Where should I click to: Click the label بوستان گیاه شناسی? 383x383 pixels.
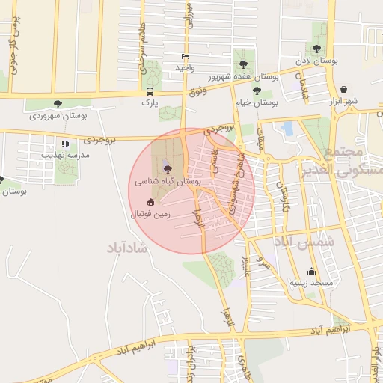(x=168, y=181)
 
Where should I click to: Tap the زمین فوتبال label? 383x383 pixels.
(x=151, y=213)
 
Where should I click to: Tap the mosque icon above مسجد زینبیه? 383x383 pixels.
(x=311, y=271)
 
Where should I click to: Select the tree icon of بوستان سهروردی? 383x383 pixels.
(x=58, y=104)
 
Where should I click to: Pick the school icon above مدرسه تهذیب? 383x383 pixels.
(x=66, y=143)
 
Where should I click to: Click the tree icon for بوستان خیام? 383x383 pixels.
(x=257, y=91)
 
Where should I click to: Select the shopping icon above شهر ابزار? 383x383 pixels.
(x=343, y=88)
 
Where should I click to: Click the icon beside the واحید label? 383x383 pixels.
(x=185, y=56)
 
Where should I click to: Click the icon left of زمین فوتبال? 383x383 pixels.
(x=150, y=202)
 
